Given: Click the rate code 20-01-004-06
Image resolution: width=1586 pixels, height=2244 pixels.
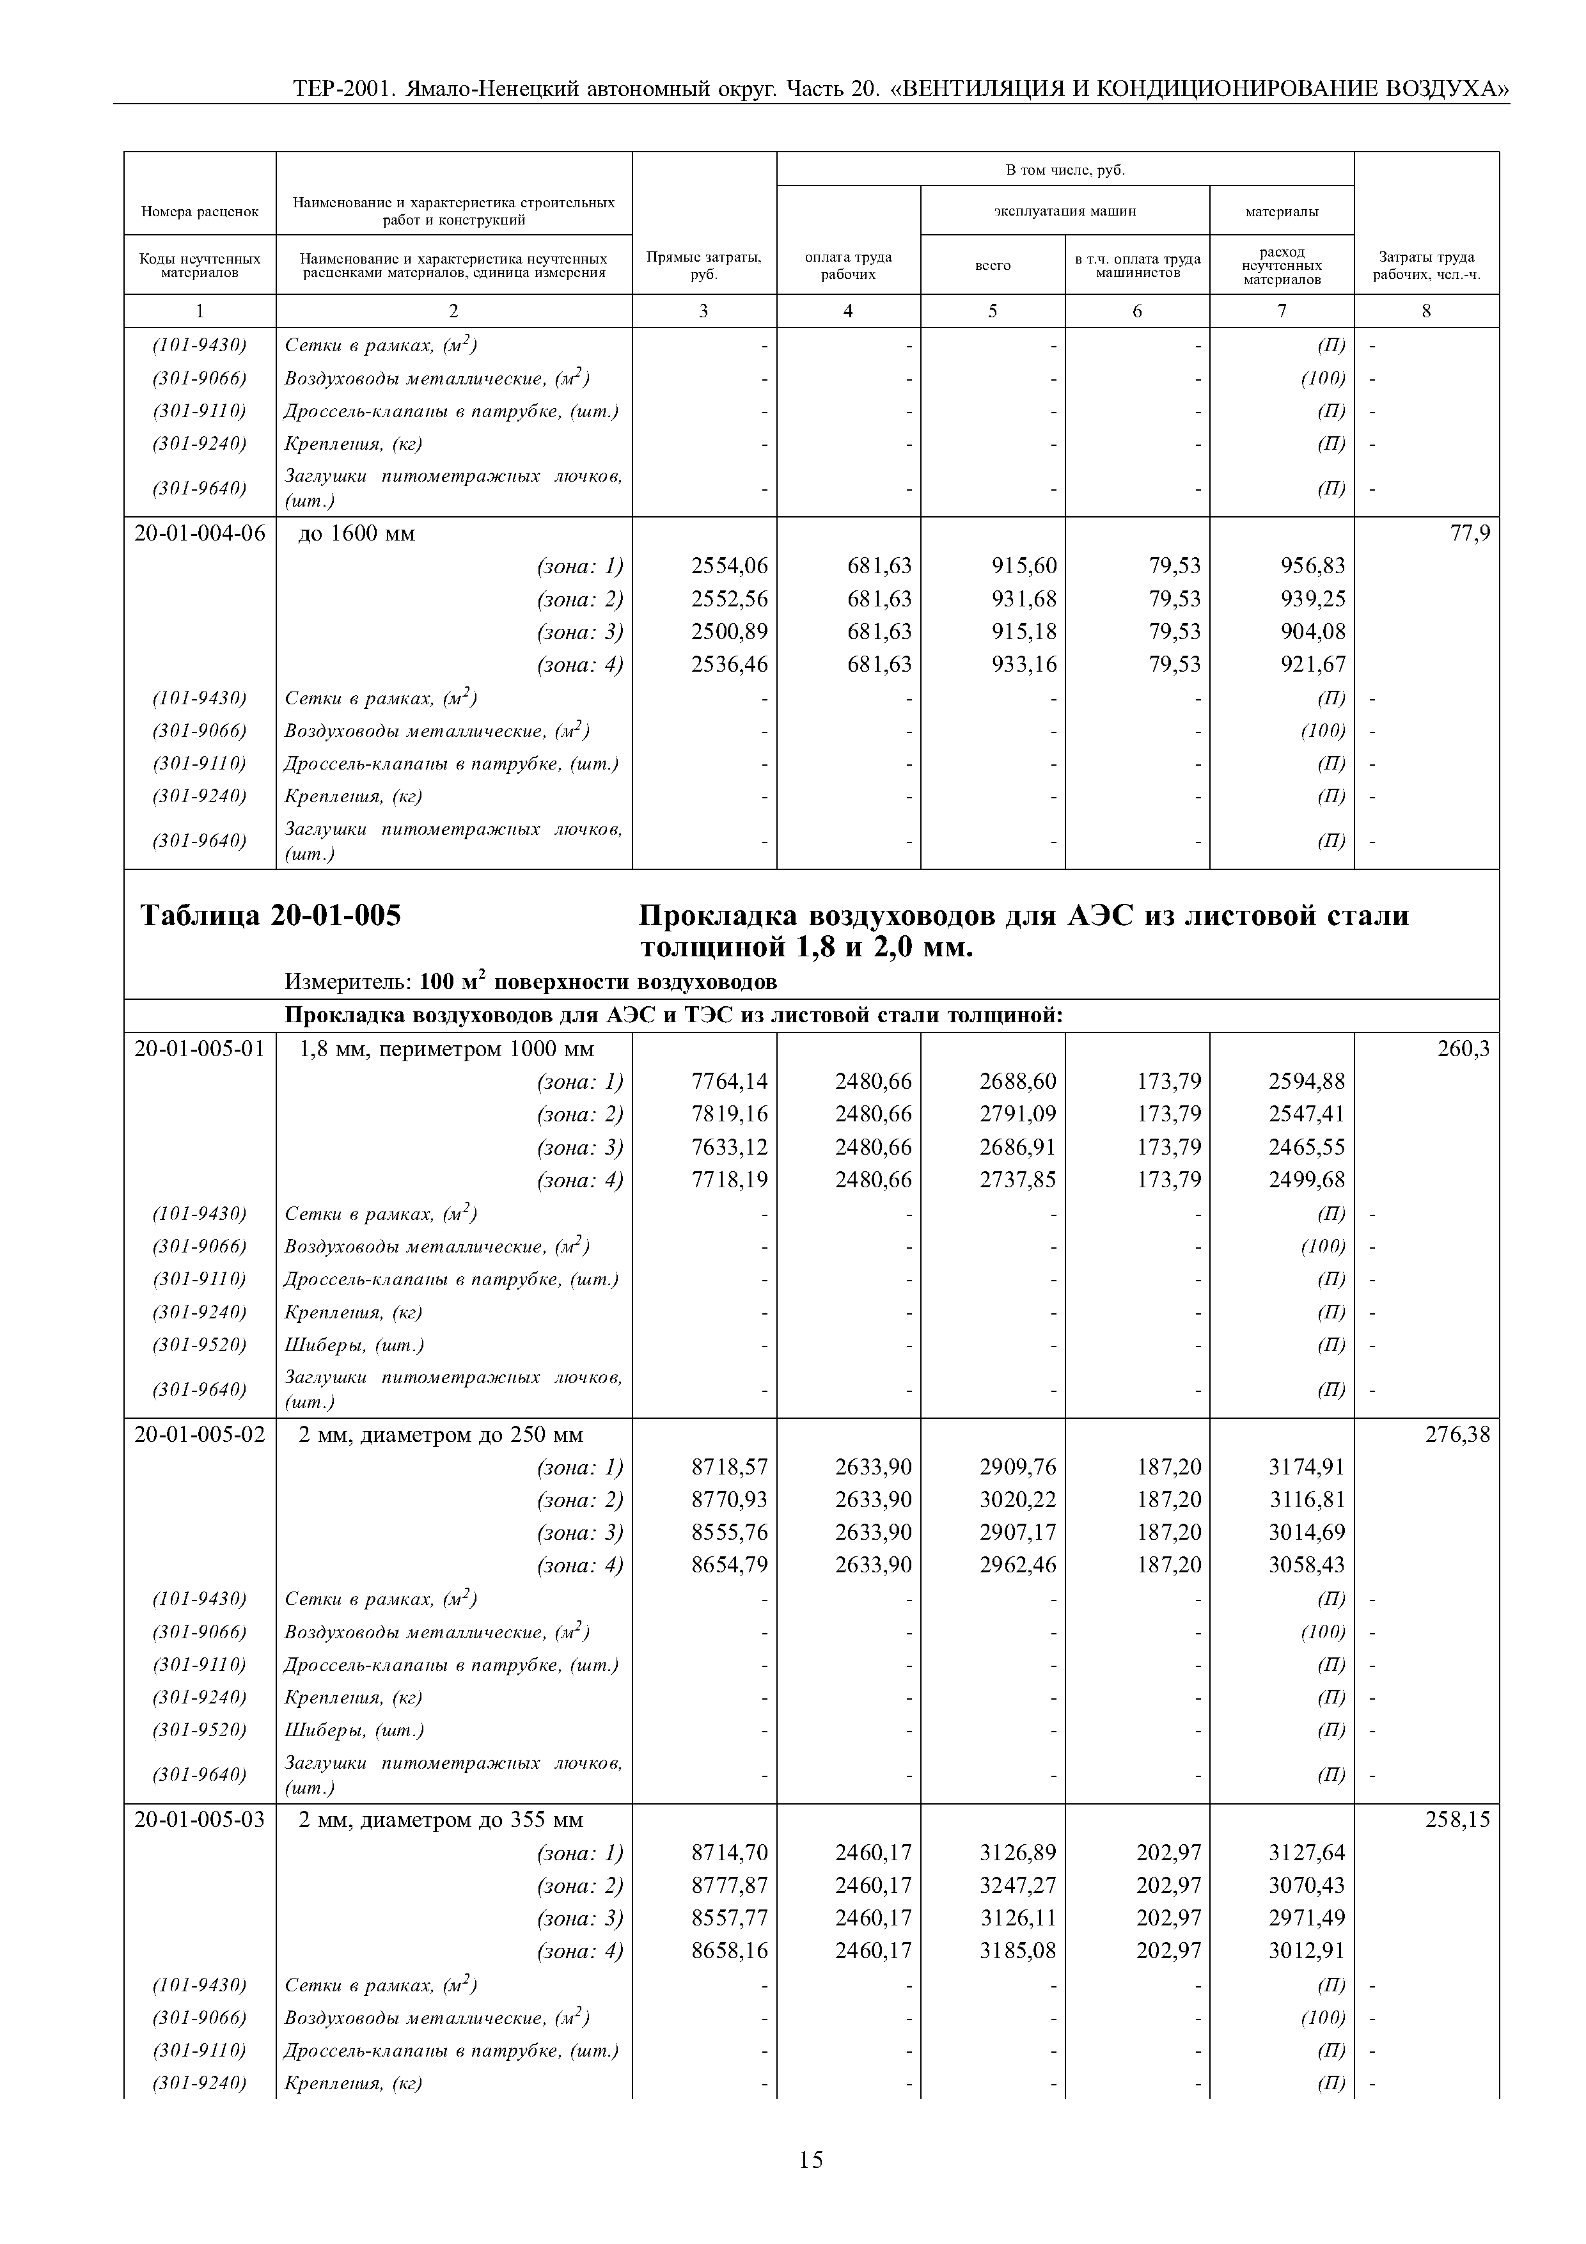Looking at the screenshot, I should [x=200, y=533].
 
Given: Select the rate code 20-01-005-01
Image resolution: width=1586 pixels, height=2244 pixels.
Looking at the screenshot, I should [x=200, y=1048].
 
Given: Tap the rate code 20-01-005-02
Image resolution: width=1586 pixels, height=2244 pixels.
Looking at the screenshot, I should [x=200, y=1435].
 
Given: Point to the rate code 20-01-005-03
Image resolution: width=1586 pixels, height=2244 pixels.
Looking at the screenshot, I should [x=200, y=1820].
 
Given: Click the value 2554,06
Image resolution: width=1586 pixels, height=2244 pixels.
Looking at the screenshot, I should [x=729, y=566].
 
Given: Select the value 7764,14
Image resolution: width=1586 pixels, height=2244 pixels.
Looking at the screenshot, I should [x=729, y=1081].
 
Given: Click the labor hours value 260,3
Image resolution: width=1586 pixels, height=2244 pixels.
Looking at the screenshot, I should [x=1463, y=1048].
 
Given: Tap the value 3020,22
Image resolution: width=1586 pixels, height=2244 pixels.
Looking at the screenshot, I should [x=1017, y=1499].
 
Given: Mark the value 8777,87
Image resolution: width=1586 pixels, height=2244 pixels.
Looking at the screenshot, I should [x=729, y=1885].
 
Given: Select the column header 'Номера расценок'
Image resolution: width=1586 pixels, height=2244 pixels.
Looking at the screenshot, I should [x=200, y=211].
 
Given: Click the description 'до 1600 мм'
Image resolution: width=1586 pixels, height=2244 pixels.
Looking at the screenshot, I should [x=357, y=533].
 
